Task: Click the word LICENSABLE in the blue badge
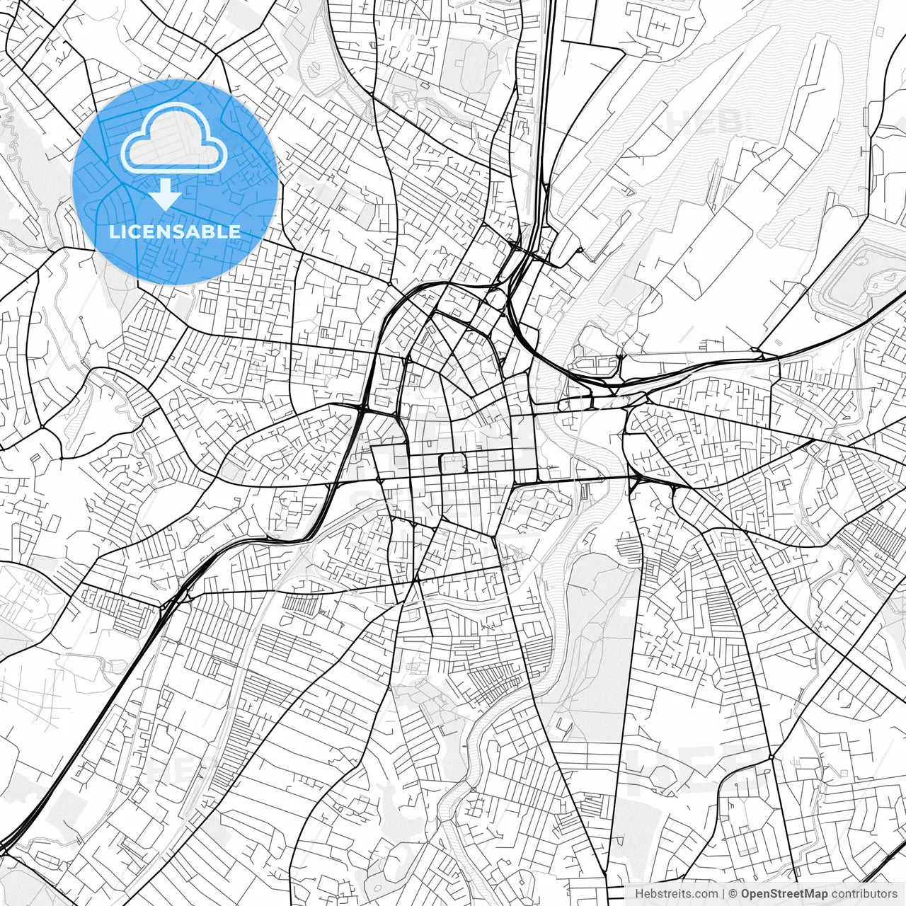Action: point(175,231)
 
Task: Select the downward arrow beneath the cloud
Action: point(165,193)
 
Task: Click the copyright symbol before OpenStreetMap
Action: point(734,894)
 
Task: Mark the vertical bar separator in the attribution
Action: point(723,894)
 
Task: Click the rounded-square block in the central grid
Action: point(452,464)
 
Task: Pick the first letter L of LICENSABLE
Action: point(114,231)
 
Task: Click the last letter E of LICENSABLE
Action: point(235,231)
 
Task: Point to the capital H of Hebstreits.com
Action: point(639,894)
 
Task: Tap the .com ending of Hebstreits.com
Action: point(706,894)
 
